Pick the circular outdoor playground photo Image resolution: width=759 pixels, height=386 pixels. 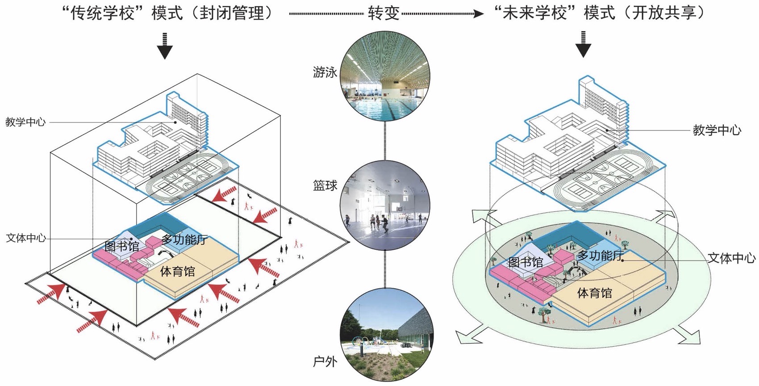pyautogui.click(x=387, y=336)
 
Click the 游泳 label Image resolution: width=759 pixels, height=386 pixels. pyautogui.click(x=325, y=72)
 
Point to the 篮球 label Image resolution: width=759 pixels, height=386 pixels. pyautogui.click(x=325, y=185)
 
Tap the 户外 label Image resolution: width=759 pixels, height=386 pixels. pyautogui.click(x=325, y=361)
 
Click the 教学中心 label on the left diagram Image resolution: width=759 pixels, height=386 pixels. pyautogui.click(x=25, y=122)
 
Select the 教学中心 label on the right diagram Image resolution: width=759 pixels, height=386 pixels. pyautogui.click(x=717, y=130)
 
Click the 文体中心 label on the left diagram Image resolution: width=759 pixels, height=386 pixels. pyautogui.click(x=26, y=238)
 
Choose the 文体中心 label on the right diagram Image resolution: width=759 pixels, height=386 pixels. pyautogui.click(x=732, y=258)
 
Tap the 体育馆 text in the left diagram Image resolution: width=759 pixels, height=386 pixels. pyautogui.click(x=178, y=271)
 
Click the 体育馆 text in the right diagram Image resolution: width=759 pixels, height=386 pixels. pyautogui.click(x=594, y=294)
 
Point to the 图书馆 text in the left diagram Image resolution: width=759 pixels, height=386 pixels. pyautogui.click(x=121, y=246)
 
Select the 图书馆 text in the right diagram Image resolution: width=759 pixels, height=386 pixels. pyautogui.click(x=525, y=263)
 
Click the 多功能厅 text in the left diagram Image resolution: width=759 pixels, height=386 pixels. pyautogui.click(x=184, y=239)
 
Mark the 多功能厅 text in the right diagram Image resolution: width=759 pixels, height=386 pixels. pyautogui.click(x=600, y=256)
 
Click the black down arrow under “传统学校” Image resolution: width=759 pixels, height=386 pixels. pyautogui.click(x=165, y=46)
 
